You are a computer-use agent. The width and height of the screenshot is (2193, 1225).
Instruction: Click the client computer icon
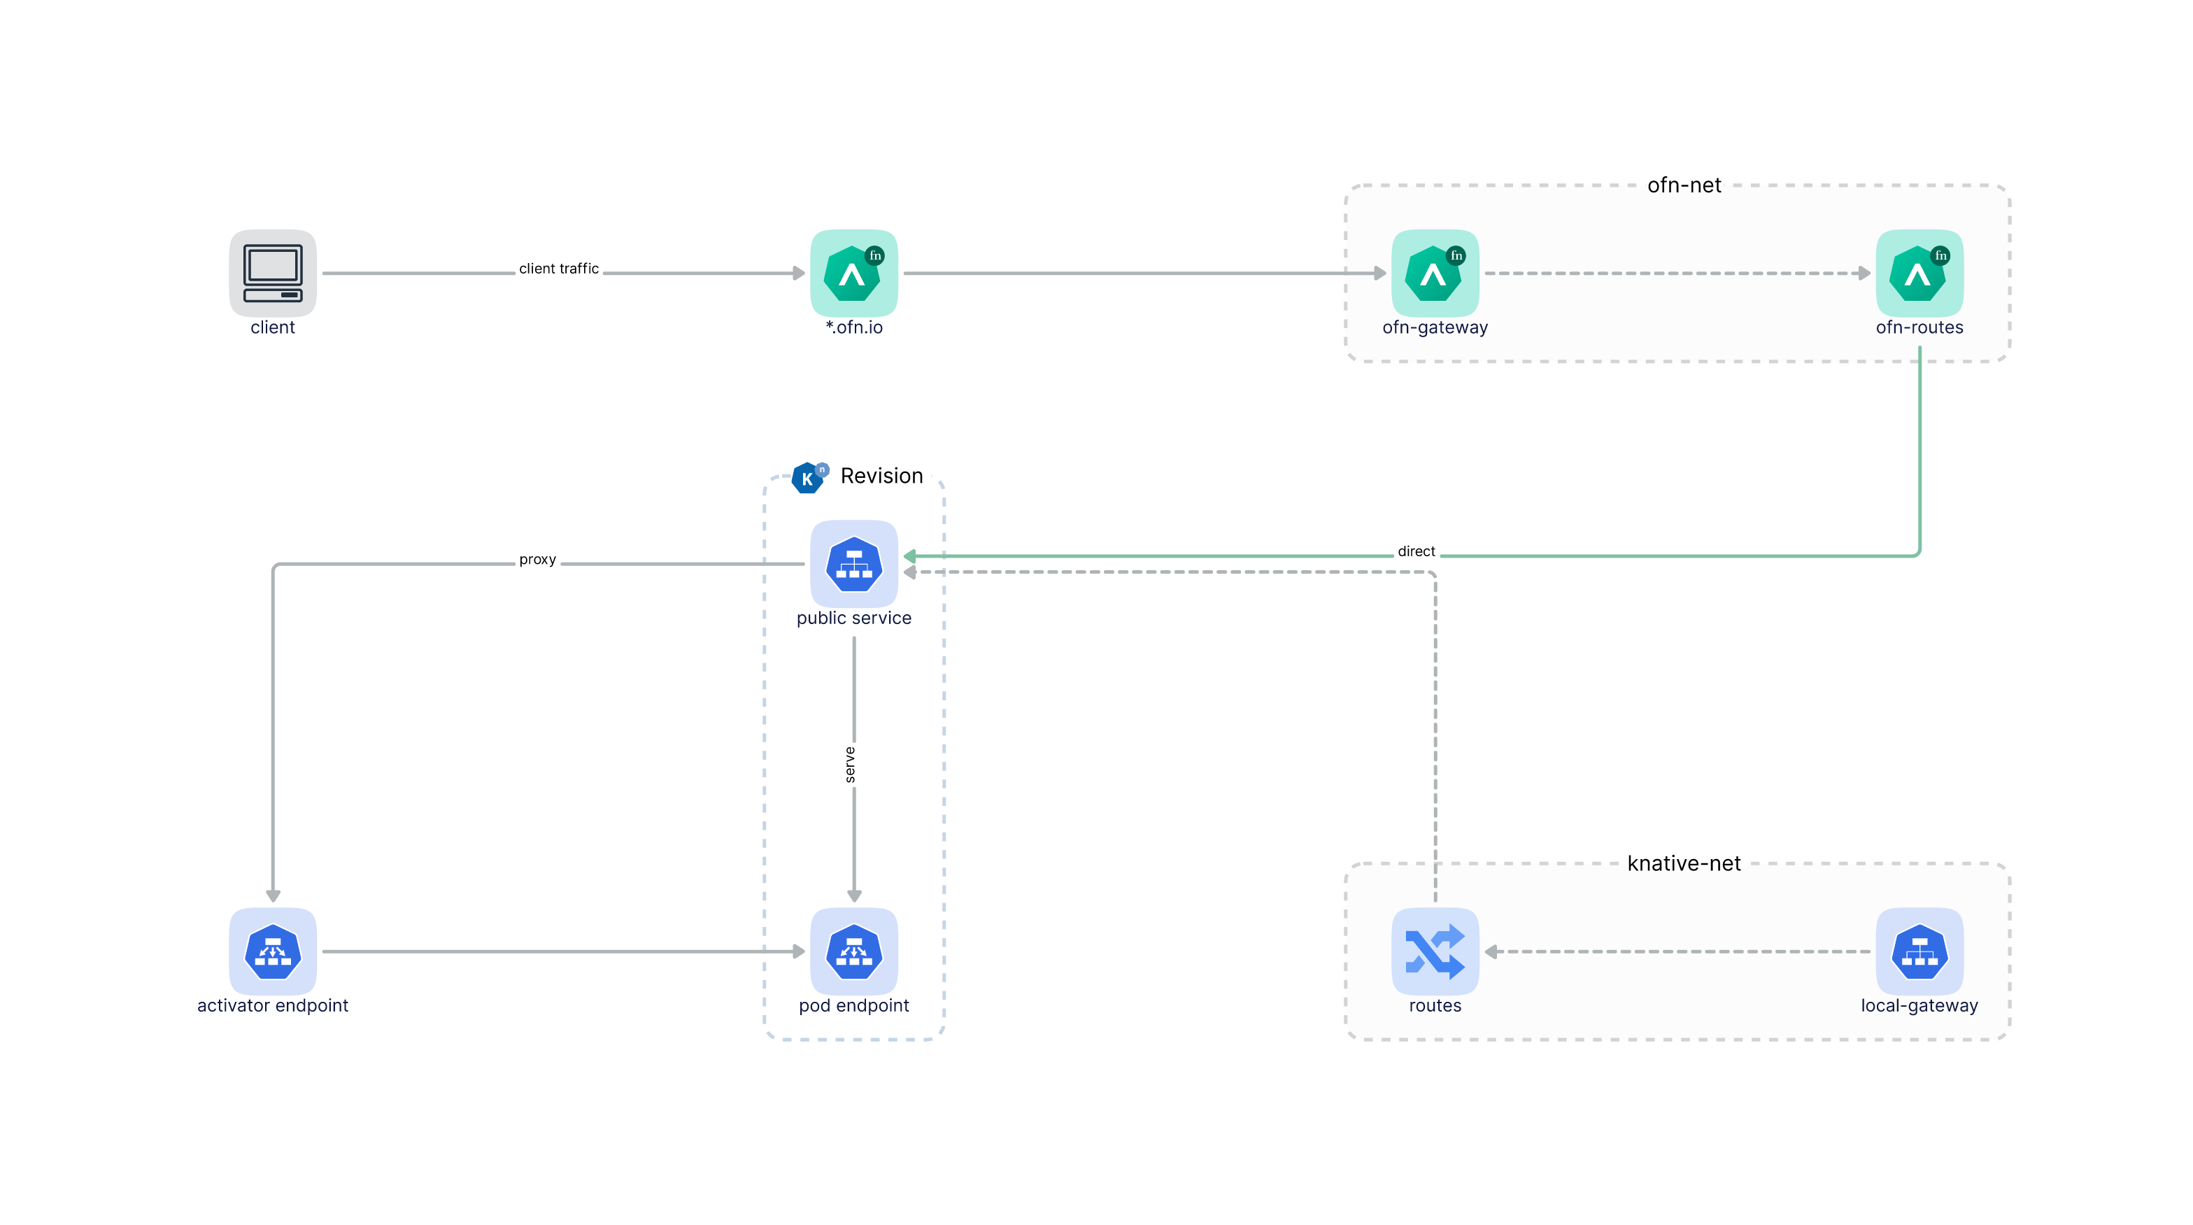pyautogui.click(x=272, y=274)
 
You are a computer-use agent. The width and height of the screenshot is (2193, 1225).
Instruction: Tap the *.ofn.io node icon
pyautogui.click(x=854, y=274)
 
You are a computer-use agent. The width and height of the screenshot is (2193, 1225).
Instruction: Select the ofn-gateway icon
pyautogui.click(x=1435, y=274)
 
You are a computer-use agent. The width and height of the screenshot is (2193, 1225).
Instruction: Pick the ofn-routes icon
pyautogui.click(x=1919, y=274)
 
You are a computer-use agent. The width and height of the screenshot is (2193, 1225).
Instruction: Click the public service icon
pyautogui.click(x=854, y=564)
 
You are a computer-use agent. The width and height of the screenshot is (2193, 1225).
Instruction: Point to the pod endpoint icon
pyautogui.click(x=854, y=951)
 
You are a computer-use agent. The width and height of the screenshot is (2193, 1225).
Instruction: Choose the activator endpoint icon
pyautogui.click(x=272, y=951)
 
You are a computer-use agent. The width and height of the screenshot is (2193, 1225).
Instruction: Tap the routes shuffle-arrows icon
pyautogui.click(x=1435, y=951)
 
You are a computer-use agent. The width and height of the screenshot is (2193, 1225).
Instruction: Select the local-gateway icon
pyautogui.click(x=1919, y=951)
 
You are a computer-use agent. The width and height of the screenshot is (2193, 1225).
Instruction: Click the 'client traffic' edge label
pyautogui.click(x=560, y=268)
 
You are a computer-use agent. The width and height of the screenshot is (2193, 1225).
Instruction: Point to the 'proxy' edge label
pyautogui.click(x=538, y=559)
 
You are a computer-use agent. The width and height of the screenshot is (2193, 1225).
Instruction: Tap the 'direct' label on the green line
pyautogui.click(x=1417, y=551)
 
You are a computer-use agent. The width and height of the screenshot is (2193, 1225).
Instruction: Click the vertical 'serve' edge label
pyautogui.click(x=850, y=765)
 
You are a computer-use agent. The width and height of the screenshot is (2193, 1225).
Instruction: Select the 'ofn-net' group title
pyautogui.click(x=1684, y=185)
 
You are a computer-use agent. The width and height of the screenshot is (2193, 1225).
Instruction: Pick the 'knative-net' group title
pyautogui.click(x=1684, y=863)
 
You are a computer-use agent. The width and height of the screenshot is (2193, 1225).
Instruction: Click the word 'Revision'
pyautogui.click(x=882, y=476)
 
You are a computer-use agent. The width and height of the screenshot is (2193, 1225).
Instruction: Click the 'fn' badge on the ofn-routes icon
pyautogui.click(x=1941, y=255)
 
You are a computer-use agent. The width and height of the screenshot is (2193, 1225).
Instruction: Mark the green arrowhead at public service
pyautogui.click(x=909, y=556)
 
